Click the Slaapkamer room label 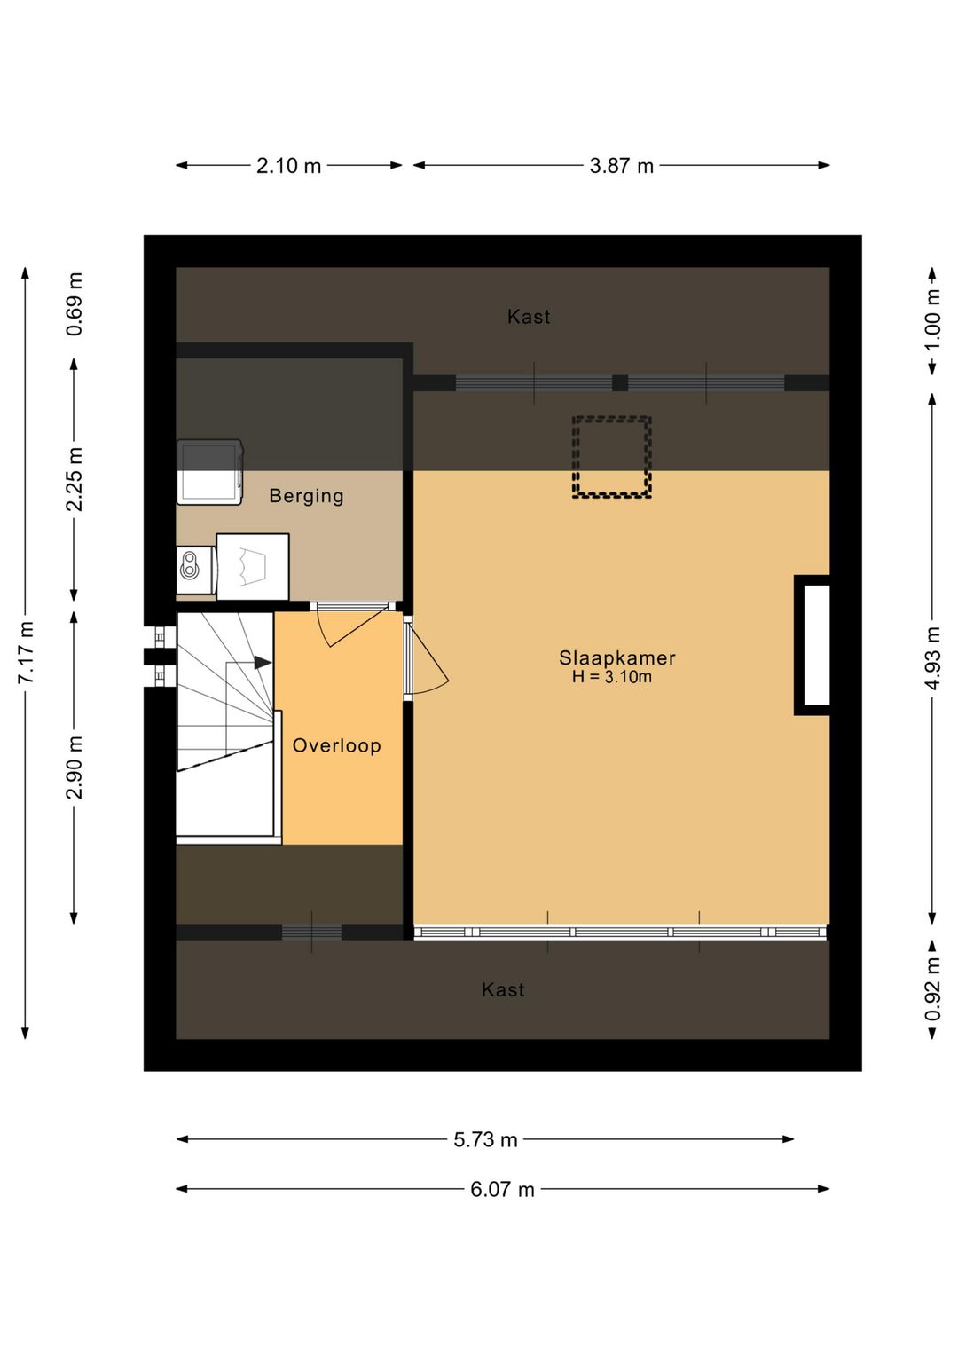pos(616,657)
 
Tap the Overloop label pos(337,745)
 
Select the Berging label pos(306,496)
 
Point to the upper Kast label pos(529,316)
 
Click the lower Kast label pos(503,989)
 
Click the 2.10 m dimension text pos(289,165)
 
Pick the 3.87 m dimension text pos(621,165)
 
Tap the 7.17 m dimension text pos(26,652)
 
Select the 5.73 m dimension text pos(485,1140)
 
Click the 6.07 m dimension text pos(502,1190)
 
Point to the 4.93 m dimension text pos(932,658)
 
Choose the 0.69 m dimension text pos(75,304)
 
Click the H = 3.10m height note pos(612,676)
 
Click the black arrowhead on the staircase pos(263,663)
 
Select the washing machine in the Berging pos(209,472)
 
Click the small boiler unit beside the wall pos(194,571)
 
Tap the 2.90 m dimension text pos(75,768)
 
